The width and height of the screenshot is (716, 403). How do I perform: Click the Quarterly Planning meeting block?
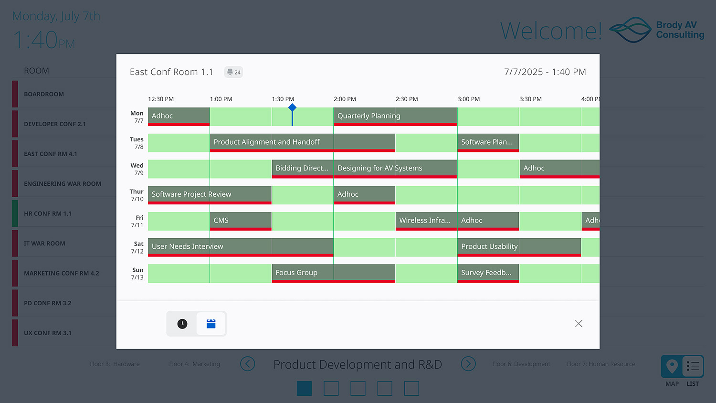click(x=395, y=116)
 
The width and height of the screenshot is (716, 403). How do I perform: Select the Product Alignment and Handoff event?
click(x=302, y=142)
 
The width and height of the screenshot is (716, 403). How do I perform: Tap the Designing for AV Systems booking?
click(x=395, y=168)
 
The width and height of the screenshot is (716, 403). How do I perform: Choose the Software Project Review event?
click(x=210, y=194)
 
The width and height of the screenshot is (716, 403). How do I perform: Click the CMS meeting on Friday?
click(x=241, y=221)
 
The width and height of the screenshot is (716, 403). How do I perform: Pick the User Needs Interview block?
click(x=241, y=246)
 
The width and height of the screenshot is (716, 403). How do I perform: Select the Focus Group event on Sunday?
click(x=333, y=273)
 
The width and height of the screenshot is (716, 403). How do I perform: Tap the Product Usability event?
click(x=519, y=246)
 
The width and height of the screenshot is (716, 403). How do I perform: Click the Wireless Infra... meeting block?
click(x=426, y=221)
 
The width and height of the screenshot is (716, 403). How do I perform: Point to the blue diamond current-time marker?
click(x=292, y=108)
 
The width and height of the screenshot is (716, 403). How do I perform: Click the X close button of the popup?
click(x=579, y=324)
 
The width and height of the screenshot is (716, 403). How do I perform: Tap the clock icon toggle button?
click(x=182, y=324)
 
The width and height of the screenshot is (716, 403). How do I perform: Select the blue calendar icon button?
click(x=211, y=324)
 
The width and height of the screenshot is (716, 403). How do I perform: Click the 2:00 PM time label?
click(x=345, y=99)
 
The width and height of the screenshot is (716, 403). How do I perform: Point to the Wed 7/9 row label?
click(x=137, y=169)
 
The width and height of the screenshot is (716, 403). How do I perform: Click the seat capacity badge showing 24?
click(x=234, y=72)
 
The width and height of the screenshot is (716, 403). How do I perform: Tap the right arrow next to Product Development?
click(x=468, y=364)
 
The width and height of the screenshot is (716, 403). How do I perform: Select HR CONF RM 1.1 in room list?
click(x=48, y=213)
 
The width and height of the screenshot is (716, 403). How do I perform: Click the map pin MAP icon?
click(x=672, y=367)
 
